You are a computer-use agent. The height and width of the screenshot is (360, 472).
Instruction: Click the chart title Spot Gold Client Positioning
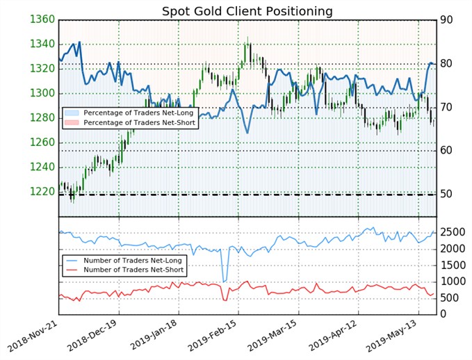click(x=247, y=11)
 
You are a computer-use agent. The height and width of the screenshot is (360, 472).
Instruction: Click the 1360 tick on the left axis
click(x=42, y=19)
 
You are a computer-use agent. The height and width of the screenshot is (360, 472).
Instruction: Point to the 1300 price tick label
click(x=42, y=93)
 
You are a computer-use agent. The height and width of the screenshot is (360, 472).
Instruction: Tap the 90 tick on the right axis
click(x=450, y=20)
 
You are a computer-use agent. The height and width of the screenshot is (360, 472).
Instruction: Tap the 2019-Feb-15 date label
click(x=221, y=337)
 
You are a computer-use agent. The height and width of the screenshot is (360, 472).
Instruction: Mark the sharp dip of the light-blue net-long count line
click(x=223, y=281)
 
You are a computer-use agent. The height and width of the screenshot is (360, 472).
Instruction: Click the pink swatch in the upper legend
click(x=71, y=122)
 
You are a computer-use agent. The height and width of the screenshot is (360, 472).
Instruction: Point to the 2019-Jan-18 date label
click(x=161, y=337)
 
